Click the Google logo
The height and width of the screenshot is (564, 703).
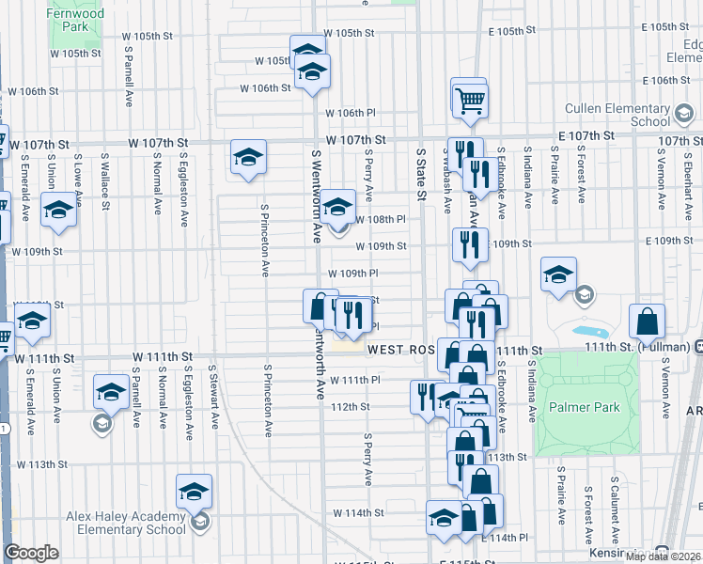pyautogui.click(x=32, y=553)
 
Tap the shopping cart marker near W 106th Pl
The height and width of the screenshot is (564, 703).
pyautogui.click(x=469, y=99)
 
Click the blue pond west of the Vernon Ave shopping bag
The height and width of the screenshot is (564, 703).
pyautogui.click(x=589, y=333)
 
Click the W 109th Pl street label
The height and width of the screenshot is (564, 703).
pyautogui.click(x=351, y=274)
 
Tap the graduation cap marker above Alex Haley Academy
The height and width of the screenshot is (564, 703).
pyautogui.click(x=195, y=493)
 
